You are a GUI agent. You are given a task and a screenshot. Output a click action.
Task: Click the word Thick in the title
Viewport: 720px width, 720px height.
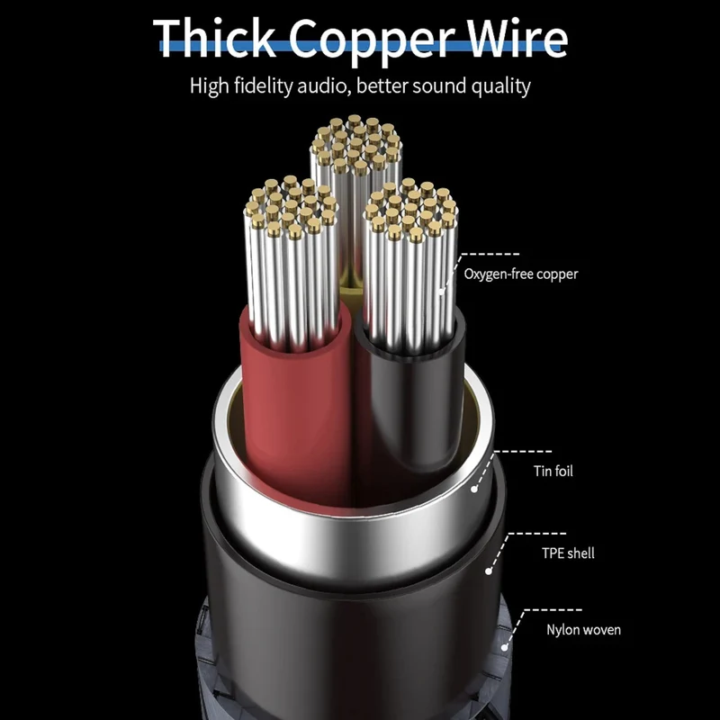coord(215,38)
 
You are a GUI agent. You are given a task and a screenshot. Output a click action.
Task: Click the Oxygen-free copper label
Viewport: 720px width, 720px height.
coord(521,274)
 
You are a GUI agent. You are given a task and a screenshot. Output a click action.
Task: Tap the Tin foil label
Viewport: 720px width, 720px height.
coord(553,471)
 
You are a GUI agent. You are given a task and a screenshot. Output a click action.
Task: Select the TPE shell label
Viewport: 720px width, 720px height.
coord(568,553)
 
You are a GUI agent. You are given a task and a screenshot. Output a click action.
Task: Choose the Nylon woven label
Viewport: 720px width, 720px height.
coord(583,629)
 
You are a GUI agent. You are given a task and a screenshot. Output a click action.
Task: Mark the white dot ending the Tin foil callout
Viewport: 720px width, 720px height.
coord(474,490)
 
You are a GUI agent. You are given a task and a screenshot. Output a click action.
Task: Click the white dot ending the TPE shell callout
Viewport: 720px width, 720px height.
coord(489,571)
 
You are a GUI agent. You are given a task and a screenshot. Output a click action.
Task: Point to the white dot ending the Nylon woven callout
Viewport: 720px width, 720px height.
coord(504,647)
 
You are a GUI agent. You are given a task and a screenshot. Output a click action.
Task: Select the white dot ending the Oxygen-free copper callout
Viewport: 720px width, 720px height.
coord(442,291)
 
